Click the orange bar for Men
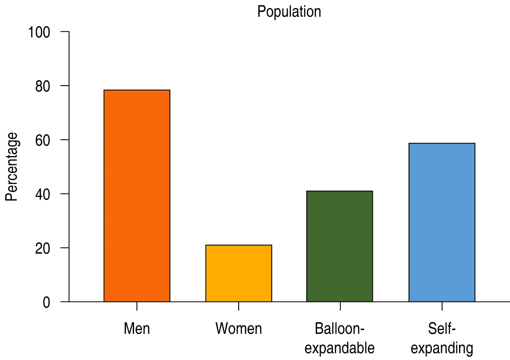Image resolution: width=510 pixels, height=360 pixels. (137, 196)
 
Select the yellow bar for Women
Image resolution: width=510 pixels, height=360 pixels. (238, 273)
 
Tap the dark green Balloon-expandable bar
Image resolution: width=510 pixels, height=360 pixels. (340, 246)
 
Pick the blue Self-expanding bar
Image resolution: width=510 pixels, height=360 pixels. (442, 222)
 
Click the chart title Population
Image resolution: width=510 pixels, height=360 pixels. (289, 12)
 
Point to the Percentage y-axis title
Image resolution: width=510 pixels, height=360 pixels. (12, 167)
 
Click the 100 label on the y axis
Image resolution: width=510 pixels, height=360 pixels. (39, 32)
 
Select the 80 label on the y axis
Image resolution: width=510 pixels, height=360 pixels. (42, 86)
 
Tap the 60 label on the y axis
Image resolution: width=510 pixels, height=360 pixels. (42, 141)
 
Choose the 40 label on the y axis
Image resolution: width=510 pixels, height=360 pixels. (42, 194)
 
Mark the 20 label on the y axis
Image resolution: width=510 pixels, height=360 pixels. (42, 249)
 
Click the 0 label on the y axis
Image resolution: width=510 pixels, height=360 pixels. (46, 302)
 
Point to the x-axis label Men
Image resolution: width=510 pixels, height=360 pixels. (137, 329)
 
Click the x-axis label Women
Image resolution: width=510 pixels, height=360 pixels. (238, 329)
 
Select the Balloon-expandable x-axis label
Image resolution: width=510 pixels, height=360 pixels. (340, 338)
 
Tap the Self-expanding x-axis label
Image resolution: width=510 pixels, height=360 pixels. (442, 338)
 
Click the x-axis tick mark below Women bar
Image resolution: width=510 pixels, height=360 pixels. (238, 306)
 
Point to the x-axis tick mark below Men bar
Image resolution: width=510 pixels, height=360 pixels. (137, 306)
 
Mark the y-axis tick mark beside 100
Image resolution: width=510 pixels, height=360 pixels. (65, 32)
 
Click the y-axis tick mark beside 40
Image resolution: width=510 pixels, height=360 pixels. (65, 194)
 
